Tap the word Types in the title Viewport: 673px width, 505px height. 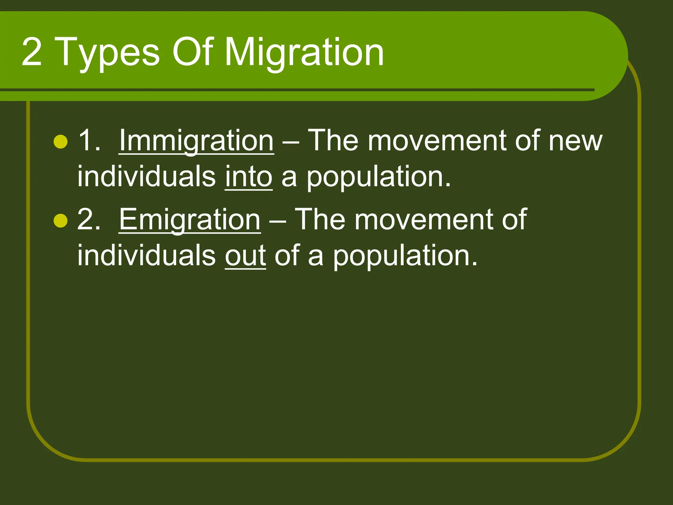click(108, 53)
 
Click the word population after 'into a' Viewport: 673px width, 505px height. click(379, 178)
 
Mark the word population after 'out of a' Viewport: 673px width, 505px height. click(405, 256)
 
